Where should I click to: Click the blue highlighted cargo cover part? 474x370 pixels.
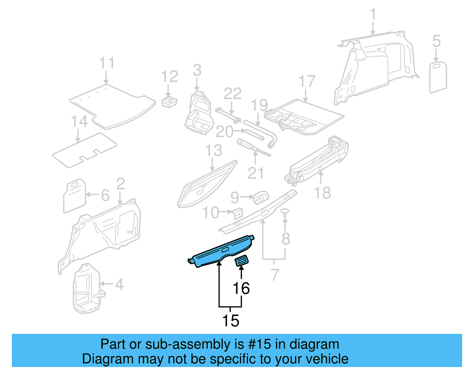(x=221, y=252)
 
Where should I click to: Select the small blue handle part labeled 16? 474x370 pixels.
(x=241, y=261)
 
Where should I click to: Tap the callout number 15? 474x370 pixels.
(x=230, y=321)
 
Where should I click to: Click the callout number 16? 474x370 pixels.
(x=241, y=288)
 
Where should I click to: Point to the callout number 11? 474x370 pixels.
(x=106, y=63)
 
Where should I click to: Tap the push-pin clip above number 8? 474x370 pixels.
(x=285, y=212)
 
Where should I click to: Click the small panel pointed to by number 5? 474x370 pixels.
(x=438, y=77)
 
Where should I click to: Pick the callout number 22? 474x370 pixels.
(x=233, y=94)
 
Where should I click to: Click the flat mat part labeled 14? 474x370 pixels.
(x=84, y=150)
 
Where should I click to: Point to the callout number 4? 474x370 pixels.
(x=119, y=284)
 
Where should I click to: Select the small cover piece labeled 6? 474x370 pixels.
(x=75, y=196)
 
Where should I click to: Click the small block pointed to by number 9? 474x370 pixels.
(x=261, y=197)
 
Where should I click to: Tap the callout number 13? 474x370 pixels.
(x=214, y=150)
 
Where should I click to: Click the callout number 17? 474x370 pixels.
(x=307, y=81)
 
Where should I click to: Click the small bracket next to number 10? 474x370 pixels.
(x=238, y=213)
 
